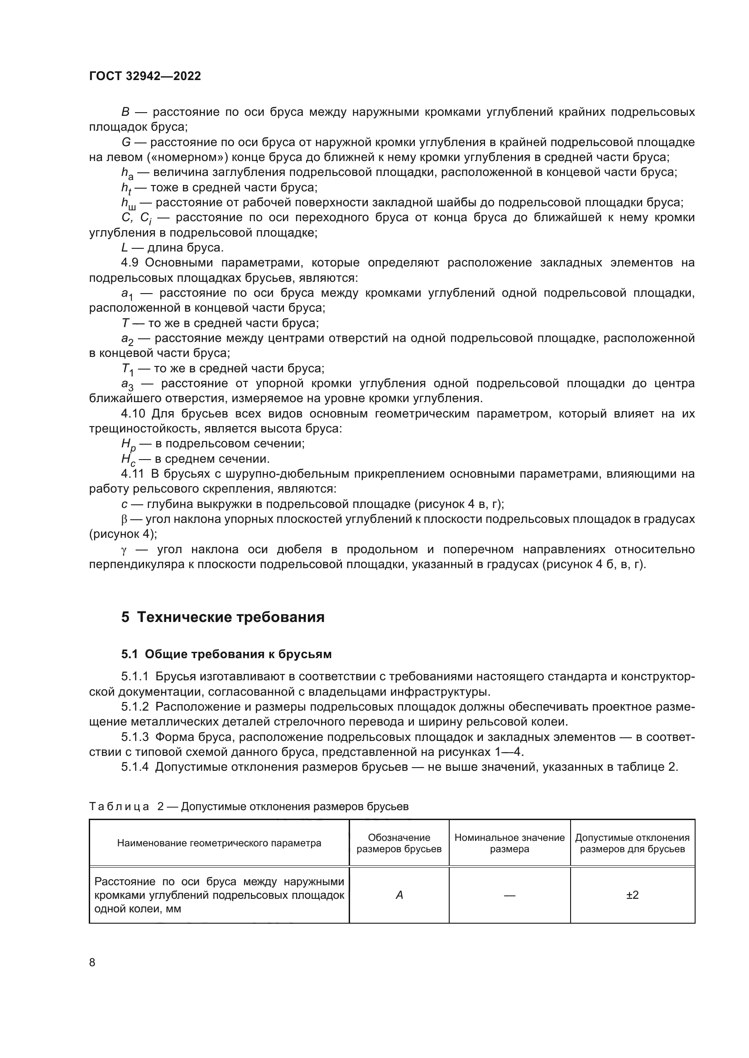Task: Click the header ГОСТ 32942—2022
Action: (145, 76)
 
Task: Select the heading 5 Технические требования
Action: (223, 617)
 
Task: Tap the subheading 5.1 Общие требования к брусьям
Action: (226, 655)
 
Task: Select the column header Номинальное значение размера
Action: (509, 843)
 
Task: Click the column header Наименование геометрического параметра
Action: (219, 843)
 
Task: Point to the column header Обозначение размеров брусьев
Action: (399, 843)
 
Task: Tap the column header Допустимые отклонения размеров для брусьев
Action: (632, 843)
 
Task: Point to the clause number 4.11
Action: (132, 474)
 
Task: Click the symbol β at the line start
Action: (124, 519)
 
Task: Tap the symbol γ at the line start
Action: (124, 550)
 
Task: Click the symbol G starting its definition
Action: (126, 142)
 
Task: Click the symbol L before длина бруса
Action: (124, 248)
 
